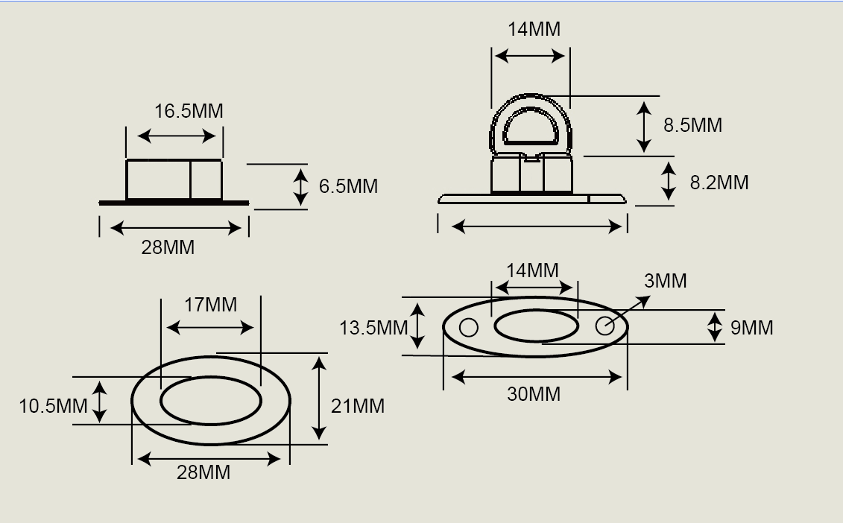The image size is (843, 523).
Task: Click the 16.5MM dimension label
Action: coord(189,111)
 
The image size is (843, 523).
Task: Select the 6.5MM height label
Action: coord(348,186)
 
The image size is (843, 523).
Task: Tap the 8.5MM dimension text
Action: coord(692,125)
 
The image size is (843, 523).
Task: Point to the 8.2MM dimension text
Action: coord(719,183)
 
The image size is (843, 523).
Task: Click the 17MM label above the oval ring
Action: coord(211,305)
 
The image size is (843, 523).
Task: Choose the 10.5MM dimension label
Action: coord(53,406)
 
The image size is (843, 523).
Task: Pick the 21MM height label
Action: coord(359,406)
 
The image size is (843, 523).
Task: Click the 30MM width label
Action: coord(534,394)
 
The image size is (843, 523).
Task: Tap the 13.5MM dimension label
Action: coord(373,328)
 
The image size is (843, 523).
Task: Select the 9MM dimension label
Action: coord(751,328)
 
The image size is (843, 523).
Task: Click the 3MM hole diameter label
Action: coord(665,281)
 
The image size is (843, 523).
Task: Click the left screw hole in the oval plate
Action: coord(468,327)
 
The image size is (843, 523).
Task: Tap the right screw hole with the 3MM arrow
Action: coord(604,326)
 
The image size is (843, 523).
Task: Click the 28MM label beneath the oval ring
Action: coord(203,472)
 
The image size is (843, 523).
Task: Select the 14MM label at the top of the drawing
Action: coord(534,29)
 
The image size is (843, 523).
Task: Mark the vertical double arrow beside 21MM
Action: coord(319,398)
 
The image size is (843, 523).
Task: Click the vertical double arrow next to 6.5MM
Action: coord(300,186)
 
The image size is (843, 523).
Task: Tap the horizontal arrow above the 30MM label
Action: coord(537,377)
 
